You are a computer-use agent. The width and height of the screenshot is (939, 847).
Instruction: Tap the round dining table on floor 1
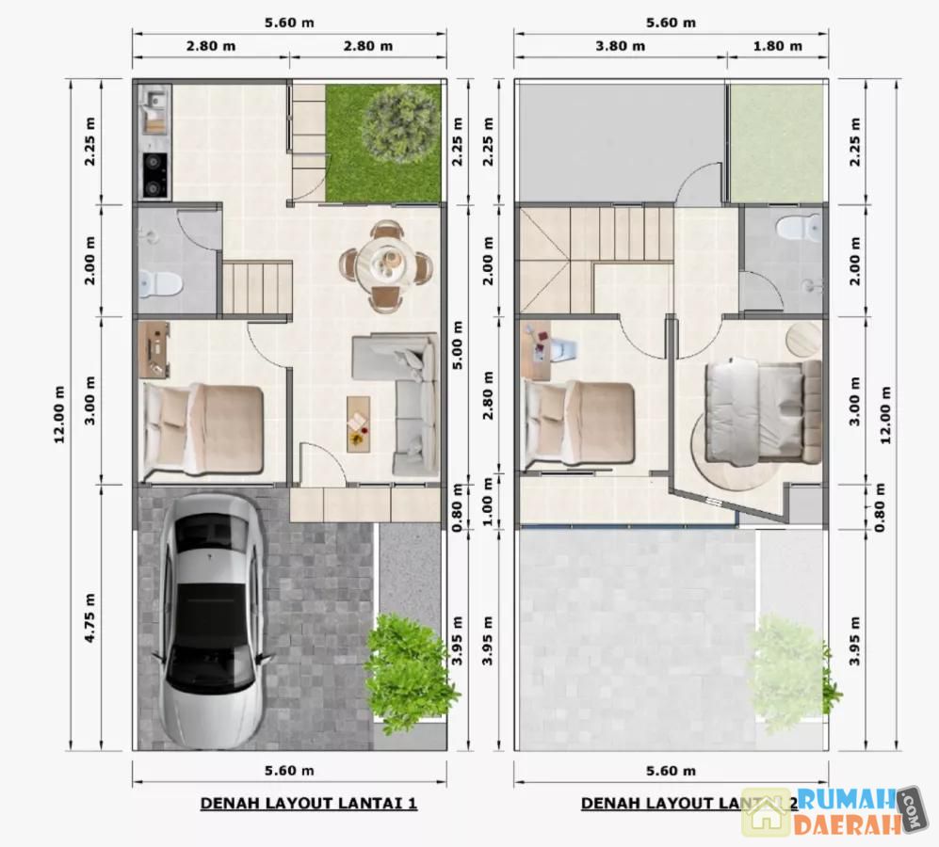[385, 264]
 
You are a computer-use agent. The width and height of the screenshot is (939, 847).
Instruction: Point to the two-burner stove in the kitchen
[154, 176]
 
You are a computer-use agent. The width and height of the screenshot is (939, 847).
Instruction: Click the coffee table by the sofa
[359, 423]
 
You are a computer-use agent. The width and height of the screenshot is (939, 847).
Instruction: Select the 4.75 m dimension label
[89, 617]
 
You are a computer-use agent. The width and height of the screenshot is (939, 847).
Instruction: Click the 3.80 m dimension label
[620, 46]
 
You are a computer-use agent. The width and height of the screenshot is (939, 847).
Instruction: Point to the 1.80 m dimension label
[777, 46]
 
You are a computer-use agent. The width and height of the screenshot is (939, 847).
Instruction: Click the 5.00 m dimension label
[458, 345]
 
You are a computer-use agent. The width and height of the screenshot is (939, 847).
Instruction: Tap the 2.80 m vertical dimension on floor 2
[488, 395]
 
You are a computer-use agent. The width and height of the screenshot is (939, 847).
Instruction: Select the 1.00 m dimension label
[488, 502]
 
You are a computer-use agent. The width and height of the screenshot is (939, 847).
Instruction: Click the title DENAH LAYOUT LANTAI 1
[308, 804]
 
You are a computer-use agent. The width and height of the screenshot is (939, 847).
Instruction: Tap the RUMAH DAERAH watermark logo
[833, 811]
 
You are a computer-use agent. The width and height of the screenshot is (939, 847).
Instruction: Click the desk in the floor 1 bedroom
[154, 350]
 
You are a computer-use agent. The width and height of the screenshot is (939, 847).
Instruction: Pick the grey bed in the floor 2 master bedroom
[763, 412]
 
